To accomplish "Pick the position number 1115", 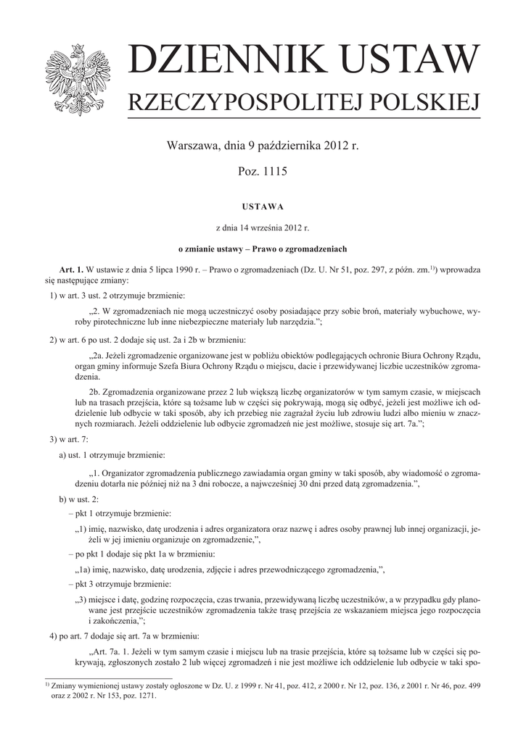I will point(274,172).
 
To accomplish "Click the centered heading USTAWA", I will point(263,207).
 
